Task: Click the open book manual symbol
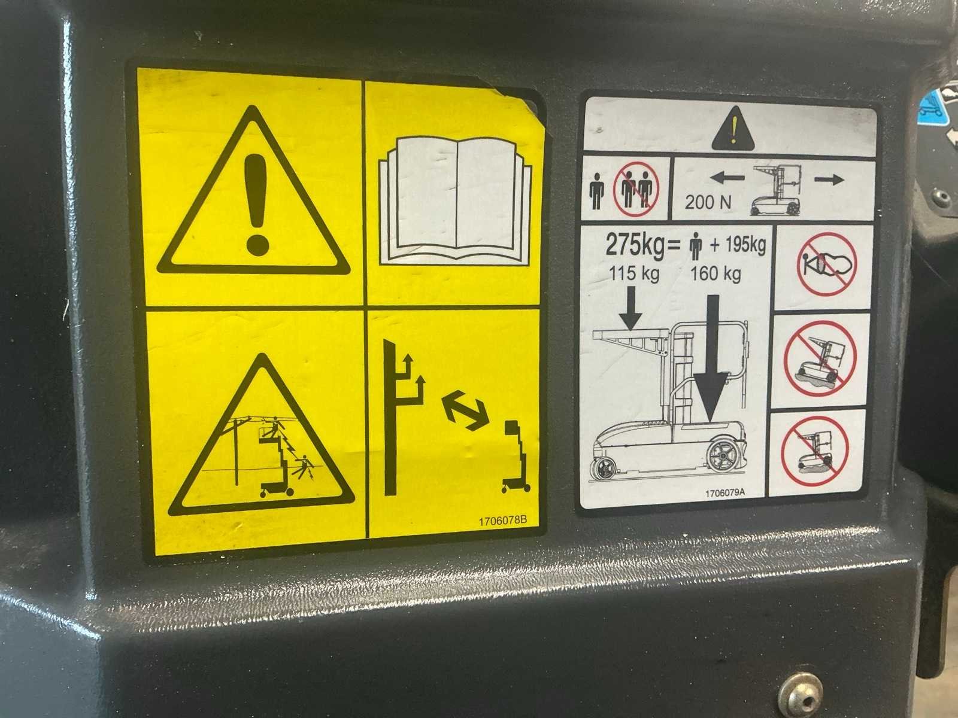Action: pyautogui.click(x=456, y=201)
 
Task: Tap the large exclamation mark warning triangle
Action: pyautogui.click(x=254, y=192)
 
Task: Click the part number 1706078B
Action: pyautogui.click(x=503, y=521)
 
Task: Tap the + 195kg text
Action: pyautogui.click(x=738, y=245)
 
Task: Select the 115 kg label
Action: pyautogui.click(x=634, y=274)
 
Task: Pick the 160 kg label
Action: pyautogui.click(x=716, y=274)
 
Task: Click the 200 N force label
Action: pyautogui.click(x=708, y=203)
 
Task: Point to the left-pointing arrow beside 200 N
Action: pyautogui.click(x=727, y=178)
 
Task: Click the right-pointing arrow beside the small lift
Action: pyautogui.click(x=829, y=179)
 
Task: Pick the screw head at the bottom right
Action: pyautogui.click(x=801, y=696)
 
